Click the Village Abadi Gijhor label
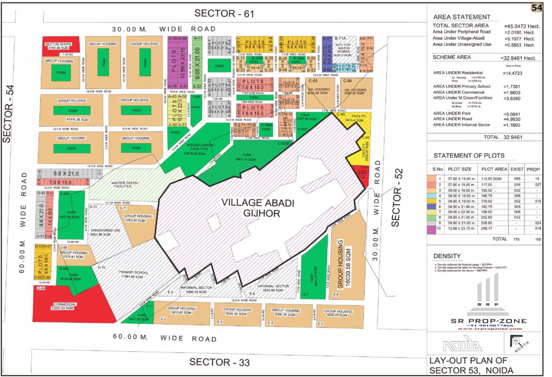point(258,208)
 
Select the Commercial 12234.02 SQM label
point(65,306)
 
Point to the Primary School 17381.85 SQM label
point(134,275)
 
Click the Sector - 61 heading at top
point(224,14)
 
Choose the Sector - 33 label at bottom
point(219,362)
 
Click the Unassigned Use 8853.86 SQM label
point(106,232)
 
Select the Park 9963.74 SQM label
point(246,157)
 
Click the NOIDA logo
point(462,345)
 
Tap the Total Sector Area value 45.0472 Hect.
point(522,26)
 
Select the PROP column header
point(533,169)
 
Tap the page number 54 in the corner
point(537,7)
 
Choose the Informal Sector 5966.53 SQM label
point(197,290)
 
